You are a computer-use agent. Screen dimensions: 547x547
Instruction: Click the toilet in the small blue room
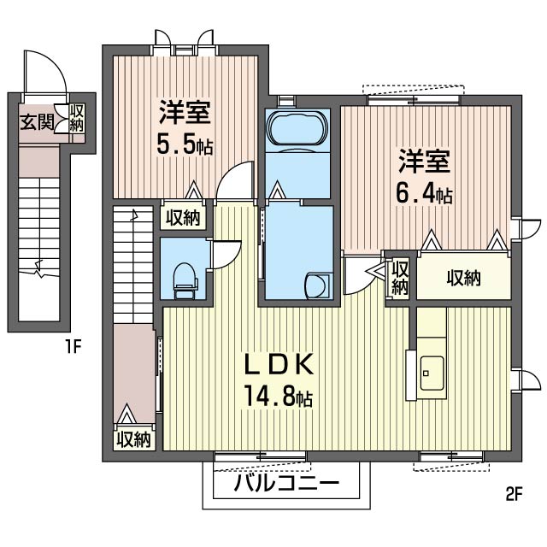click(x=184, y=279)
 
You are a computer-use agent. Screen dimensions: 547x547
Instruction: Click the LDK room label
click(x=281, y=365)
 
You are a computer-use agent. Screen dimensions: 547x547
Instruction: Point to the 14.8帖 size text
click(x=278, y=398)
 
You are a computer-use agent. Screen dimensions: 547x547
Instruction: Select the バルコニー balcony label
click(x=286, y=485)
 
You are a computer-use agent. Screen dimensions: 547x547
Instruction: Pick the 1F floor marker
click(x=73, y=347)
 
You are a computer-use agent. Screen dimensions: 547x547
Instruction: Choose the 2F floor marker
click(x=513, y=493)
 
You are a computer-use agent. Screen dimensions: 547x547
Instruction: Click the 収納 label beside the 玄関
click(x=77, y=118)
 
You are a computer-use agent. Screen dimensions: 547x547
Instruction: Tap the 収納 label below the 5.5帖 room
click(x=183, y=218)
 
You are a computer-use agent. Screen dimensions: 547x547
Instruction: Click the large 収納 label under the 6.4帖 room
click(x=462, y=277)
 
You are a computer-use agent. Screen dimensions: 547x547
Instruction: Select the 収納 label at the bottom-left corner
click(x=133, y=440)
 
